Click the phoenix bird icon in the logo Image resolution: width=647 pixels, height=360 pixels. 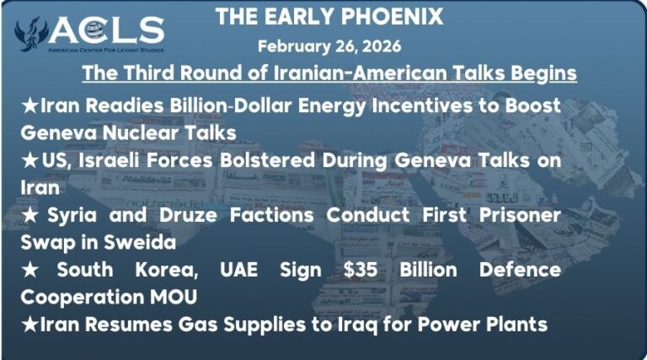(x=32, y=33)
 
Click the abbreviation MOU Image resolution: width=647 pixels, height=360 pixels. (x=167, y=297)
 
